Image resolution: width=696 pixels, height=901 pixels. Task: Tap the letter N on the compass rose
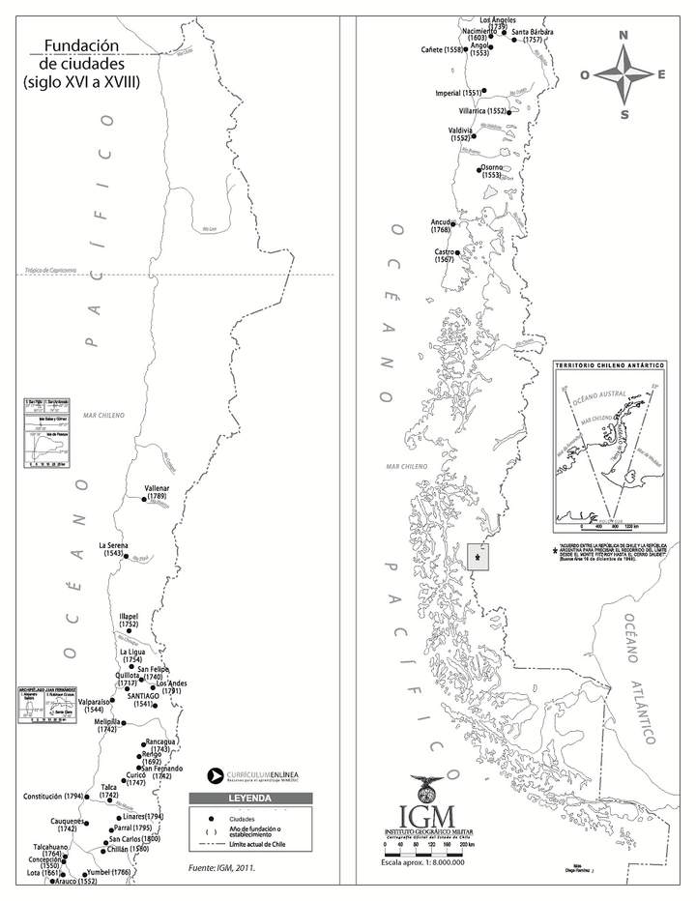tap(623, 36)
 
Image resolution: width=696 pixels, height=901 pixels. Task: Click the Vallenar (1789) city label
tap(156, 492)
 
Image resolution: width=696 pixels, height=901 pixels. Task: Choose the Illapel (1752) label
tap(130, 621)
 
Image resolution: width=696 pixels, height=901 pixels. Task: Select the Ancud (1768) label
tap(441, 226)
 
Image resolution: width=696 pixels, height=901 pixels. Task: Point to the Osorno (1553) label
tap(491, 171)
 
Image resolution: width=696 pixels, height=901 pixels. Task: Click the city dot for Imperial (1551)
tap(485, 92)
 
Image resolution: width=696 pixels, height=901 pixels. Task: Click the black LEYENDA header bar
tap(243, 799)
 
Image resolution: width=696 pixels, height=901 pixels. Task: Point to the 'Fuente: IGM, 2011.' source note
tap(221, 868)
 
